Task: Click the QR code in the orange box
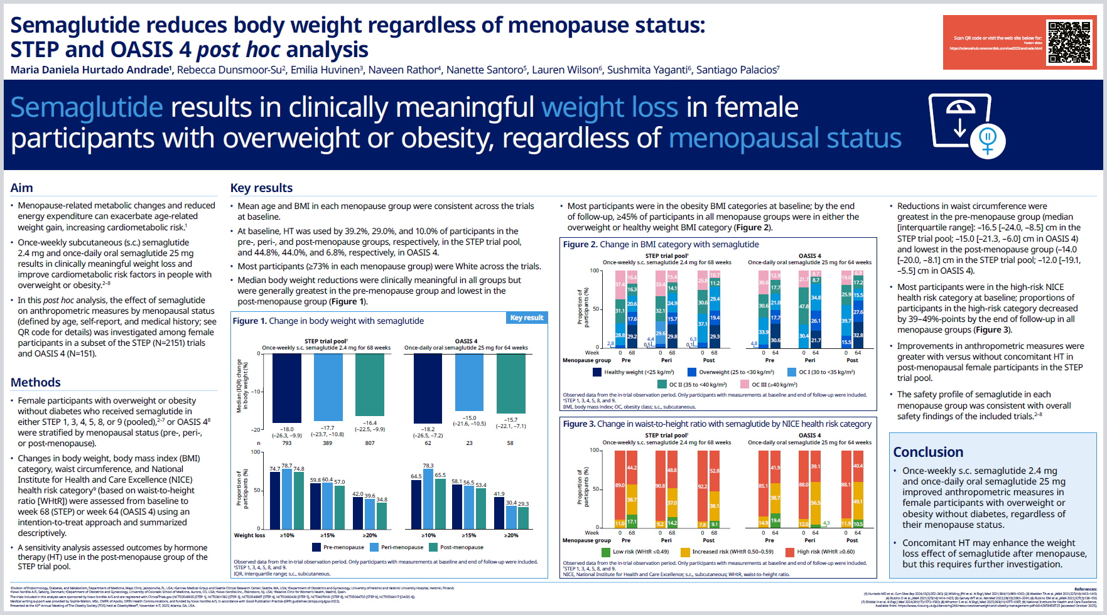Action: click(1069, 42)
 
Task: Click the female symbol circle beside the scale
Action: click(987, 140)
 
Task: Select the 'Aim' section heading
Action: click(21, 188)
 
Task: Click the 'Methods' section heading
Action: click(36, 382)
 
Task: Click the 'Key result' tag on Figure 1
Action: click(526, 318)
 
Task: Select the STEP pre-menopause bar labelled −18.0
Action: click(286, 388)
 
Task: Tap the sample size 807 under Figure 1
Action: click(370, 443)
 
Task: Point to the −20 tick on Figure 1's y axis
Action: click(256, 430)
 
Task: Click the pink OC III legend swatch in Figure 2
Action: click(744, 384)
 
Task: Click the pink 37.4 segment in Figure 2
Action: click(620, 285)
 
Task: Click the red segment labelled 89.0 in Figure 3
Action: click(620, 484)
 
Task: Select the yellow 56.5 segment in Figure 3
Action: click(815, 503)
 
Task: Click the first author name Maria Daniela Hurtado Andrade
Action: click(90, 70)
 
